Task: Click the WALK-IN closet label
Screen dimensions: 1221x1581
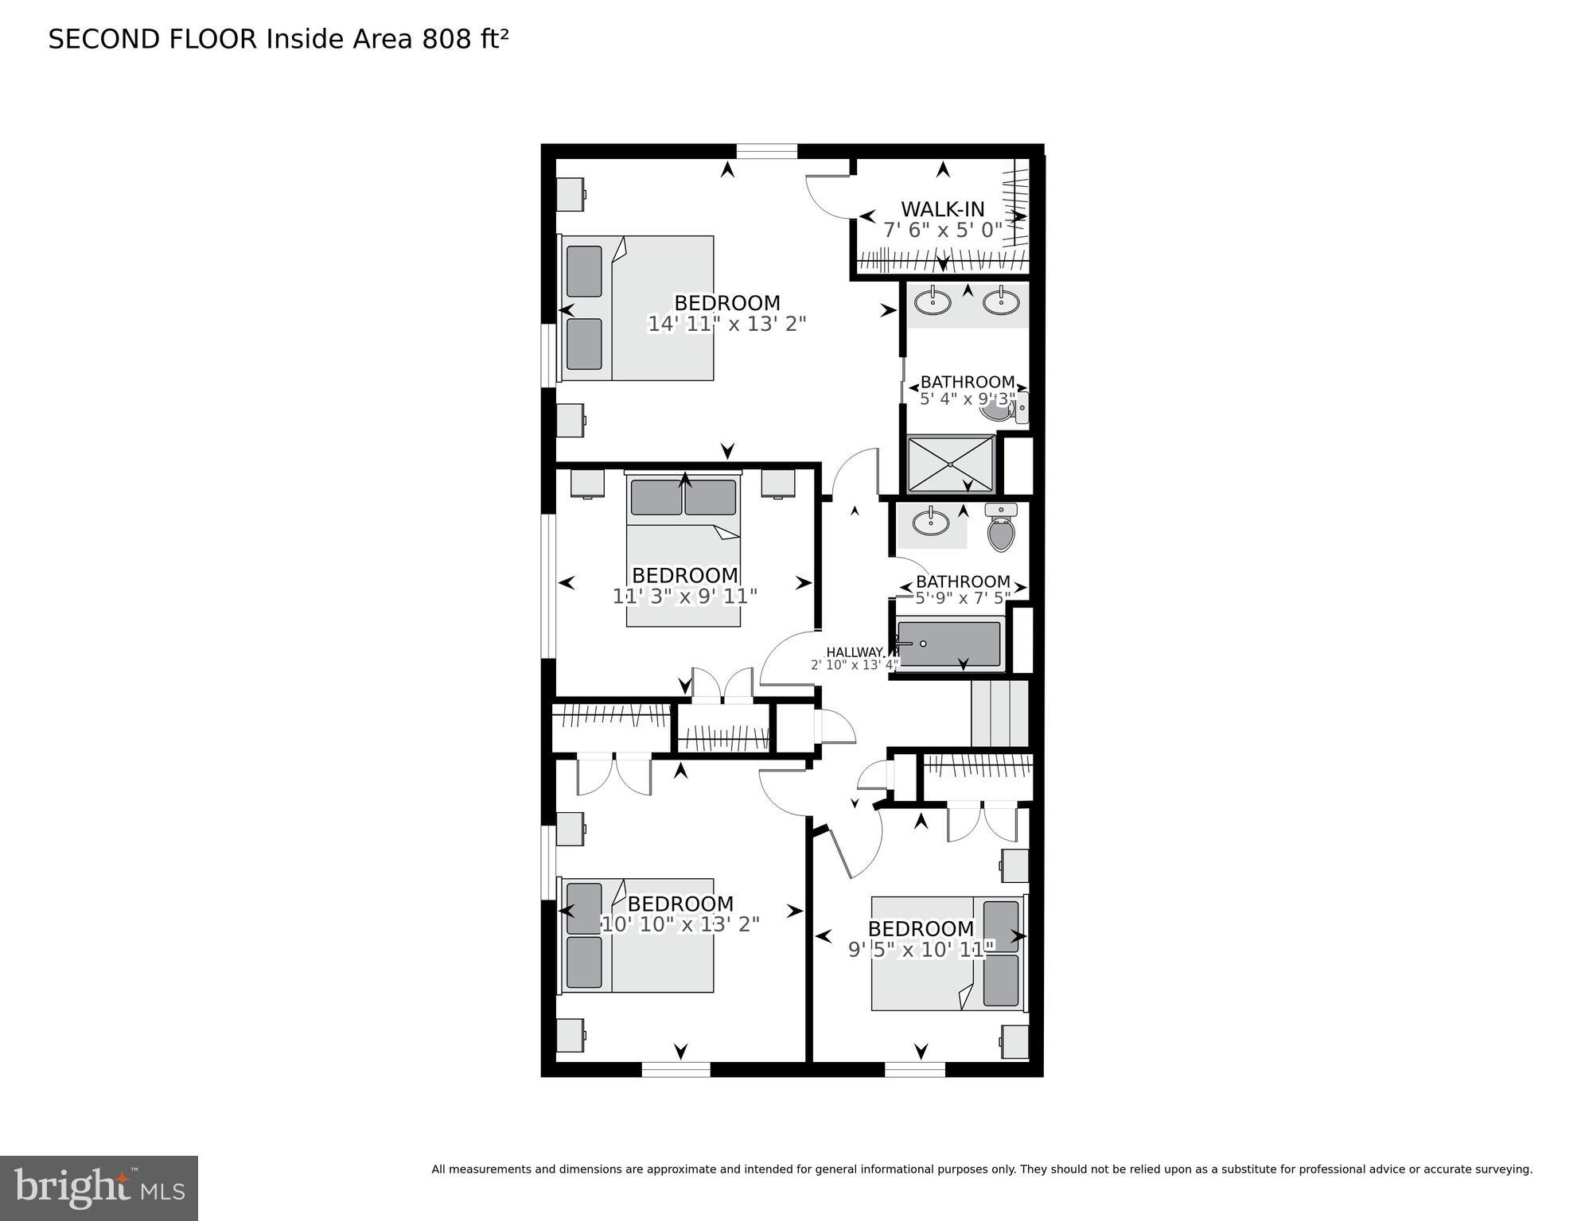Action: (942, 209)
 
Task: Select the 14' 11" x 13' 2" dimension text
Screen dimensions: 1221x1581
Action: (726, 324)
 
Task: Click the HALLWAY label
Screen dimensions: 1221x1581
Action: (855, 652)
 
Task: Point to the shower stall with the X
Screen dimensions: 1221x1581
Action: (951, 464)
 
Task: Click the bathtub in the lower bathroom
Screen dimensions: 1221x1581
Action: (948, 644)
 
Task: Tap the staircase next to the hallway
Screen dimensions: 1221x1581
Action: (999, 714)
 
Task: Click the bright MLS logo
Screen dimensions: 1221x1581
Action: (99, 1188)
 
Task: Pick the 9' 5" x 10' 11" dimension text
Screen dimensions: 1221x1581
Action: (921, 949)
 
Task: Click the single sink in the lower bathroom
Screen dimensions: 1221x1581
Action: (929, 523)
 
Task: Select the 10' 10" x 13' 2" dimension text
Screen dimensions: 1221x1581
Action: (680, 924)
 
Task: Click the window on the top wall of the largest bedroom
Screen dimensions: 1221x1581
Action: (766, 151)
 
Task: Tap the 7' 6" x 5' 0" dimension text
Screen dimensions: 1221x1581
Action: (942, 231)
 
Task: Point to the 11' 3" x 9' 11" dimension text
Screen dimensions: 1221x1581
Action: (684, 596)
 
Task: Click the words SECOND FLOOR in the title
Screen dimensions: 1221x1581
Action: (153, 39)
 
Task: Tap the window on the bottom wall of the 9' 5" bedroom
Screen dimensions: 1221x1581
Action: (914, 1069)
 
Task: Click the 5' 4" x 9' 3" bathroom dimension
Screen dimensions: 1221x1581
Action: (967, 399)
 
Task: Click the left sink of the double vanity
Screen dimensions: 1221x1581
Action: (932, 301)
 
